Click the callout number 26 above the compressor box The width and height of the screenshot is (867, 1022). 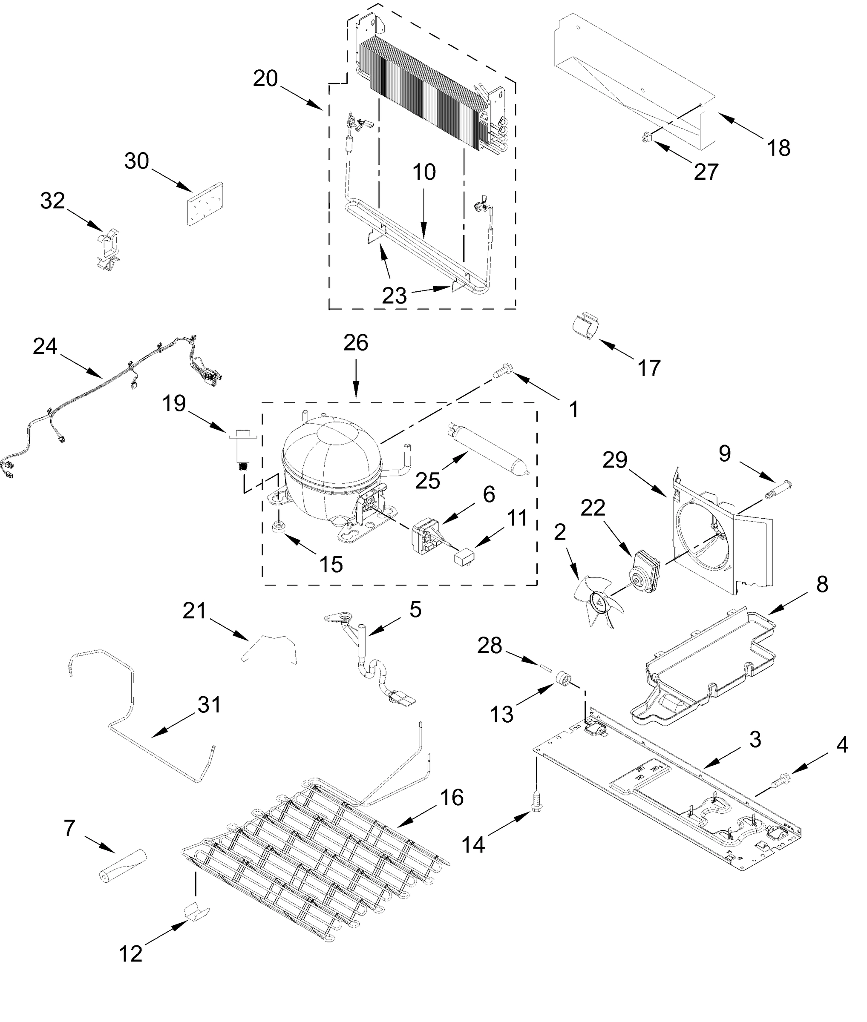[x=355, y=343]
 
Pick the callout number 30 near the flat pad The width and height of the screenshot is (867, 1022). [x=137, y=161]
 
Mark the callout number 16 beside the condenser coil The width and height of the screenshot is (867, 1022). [x=452, y=798]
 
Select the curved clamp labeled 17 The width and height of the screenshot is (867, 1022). [x=586, y=327]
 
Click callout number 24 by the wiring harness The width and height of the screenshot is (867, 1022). [x=45, y=347]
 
